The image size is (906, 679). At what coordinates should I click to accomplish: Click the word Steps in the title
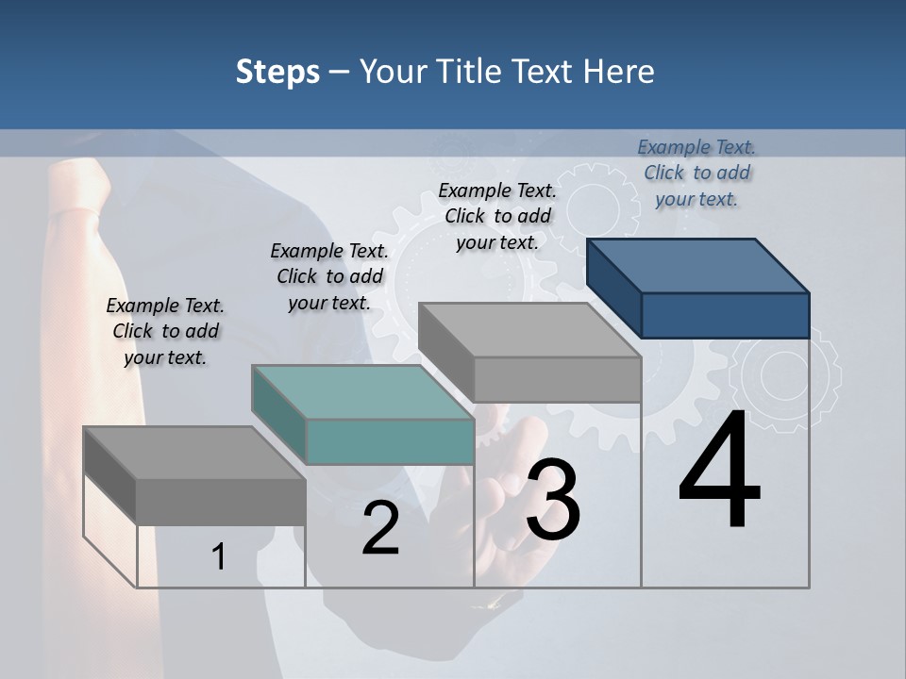pos(277,72)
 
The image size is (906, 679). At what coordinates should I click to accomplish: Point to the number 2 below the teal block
pos(380,529)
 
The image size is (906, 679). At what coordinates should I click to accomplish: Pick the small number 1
pos(218,557)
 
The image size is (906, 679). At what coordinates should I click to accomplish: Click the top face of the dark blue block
pos(696,265)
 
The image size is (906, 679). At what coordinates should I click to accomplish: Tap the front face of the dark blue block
pos(725,315)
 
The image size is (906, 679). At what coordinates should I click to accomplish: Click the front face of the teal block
pos(390,441)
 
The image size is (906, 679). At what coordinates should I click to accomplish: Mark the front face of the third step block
pos(557,379)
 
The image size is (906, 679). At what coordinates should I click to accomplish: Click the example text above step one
pos(165,331)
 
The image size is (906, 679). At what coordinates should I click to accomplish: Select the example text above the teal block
pos(329,276)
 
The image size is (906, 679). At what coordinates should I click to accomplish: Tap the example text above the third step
pos(497,216)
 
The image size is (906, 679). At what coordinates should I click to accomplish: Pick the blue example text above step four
pos(696,173)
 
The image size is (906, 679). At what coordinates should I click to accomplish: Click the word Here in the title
pos(619,72)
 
